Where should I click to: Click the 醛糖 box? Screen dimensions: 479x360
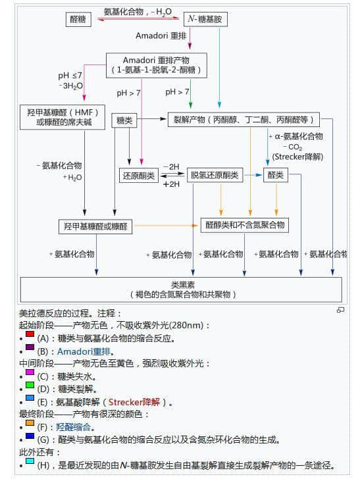pyautogui.click(x=78, y=20)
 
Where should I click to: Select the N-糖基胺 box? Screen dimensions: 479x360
pyautogui.click(x=205, y=20)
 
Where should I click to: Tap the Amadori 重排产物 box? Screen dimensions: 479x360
pyautogui.click(x=157, y=64)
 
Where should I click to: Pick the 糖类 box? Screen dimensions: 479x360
pyautogui.click(x=125, y=120)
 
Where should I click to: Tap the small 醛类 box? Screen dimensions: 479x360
pyautogui.click(x=276, y=176)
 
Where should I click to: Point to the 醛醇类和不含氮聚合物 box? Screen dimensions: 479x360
pyautogui.click(x=245, y=226)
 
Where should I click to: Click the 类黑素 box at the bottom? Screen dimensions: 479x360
pyautogui.click(x=181, y=290)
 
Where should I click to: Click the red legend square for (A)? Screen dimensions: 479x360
pyautogui.click(x=30, y=335)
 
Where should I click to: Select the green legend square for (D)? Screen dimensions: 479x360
pyautogui.click(x=30, y=385)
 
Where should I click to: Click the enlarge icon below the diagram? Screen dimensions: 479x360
pyautogui.click(x=340, y=309)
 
